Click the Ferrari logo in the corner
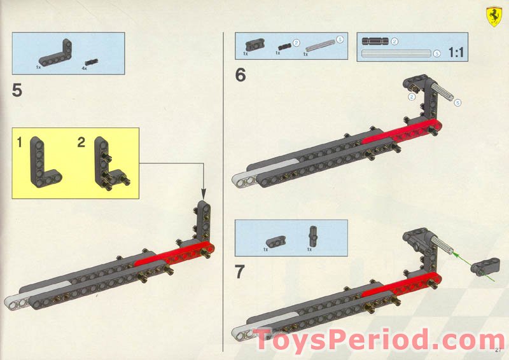492,15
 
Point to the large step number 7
240,272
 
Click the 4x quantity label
84,66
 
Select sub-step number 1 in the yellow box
20,143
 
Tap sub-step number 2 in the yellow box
81,143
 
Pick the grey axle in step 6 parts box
320,46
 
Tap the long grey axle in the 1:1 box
396,54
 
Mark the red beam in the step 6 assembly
401,132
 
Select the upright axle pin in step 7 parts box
312,236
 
